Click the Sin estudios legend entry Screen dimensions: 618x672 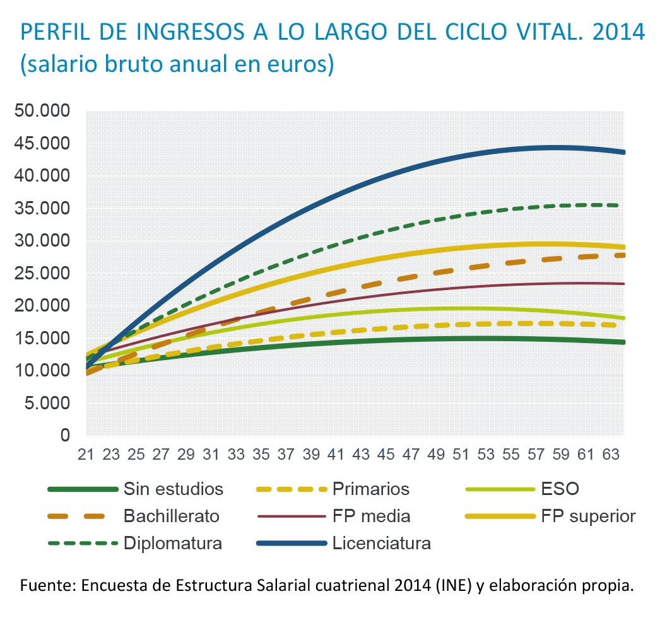pyautogui.click(x=173, y=489)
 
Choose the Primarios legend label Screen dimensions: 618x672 pyautogui.click(x=370, y=489)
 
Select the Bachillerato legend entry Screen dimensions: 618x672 pyautogui.click(x=171, y=516)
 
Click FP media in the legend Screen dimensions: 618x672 pyautogui.click(x=371, y=516)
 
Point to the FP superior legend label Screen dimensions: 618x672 pyautogui.click(x=587, y=516)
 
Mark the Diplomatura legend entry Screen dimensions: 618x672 pyautogui.click(x=172, y=543)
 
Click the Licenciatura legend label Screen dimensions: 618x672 pyautogui.click(x=381, y=543)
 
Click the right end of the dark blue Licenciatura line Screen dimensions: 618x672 pyautogui.click(x=623, y=152)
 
